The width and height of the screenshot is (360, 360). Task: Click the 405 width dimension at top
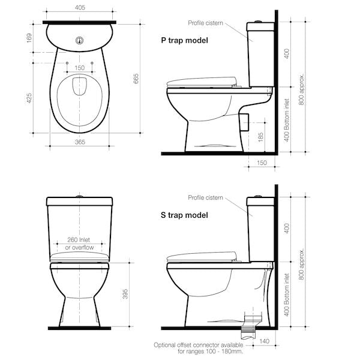[x=80, y=8]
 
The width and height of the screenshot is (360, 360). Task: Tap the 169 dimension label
[x=29, y=38]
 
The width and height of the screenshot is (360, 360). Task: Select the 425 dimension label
[x=29, y=98]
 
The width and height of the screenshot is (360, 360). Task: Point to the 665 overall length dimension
[x=136, y=79]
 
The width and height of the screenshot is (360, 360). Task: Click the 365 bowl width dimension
[x=80, y=142]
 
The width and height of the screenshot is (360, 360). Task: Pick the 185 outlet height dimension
[x=260, y=137]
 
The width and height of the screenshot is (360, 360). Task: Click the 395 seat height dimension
[x=125, y=294]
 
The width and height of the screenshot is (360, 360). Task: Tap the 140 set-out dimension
[x=264, y=341]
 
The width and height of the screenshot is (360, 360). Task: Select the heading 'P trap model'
[x=185, y=40]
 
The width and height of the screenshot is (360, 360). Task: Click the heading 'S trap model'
[x=185, y=215]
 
